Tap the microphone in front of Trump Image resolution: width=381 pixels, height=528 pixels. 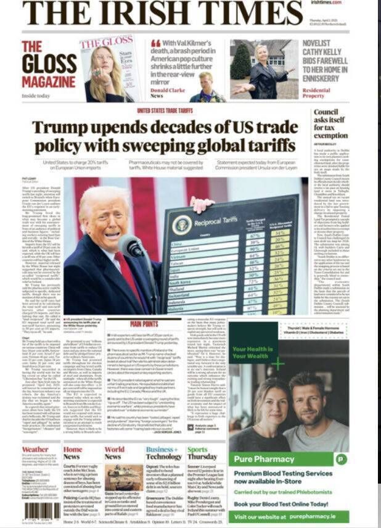click(131, 245)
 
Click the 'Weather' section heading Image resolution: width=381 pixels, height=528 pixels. click(35, 450)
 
